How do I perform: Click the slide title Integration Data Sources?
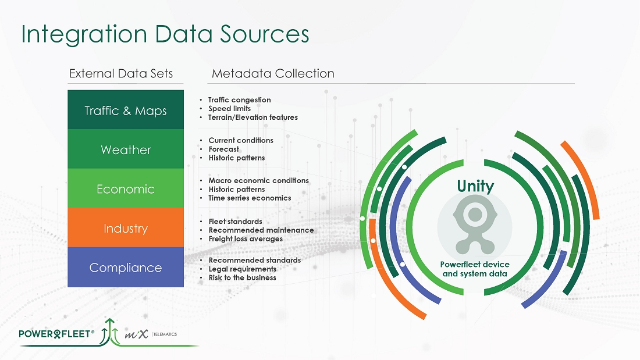click(x=165, y=34)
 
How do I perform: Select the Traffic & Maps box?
click(x=126, y=111)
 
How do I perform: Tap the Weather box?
click(x=126, y=149)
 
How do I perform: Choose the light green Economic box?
click(x=126, y=189)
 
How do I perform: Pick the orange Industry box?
click(x=126, y=228)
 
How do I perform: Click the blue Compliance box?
click(x=126, y=268)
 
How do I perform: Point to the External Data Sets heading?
click(x=121, y=74)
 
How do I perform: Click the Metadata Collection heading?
click(x=273, y=74)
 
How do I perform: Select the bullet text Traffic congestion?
click(x=239, y=100)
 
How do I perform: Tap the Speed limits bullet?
click(x=229, y=109)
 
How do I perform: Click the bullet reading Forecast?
click(x=223, y=149)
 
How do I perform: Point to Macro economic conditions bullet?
click(x=258, y=180)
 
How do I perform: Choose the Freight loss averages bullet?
click(x=246, y=238)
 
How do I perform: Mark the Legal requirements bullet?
click(x=242, y=269)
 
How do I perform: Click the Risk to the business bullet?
click(x=242, y=277)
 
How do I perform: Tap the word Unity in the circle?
click(x=475, y=187)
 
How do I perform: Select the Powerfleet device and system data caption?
click(x=475, y=269)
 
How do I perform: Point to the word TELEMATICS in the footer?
click(x=165, y=334)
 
